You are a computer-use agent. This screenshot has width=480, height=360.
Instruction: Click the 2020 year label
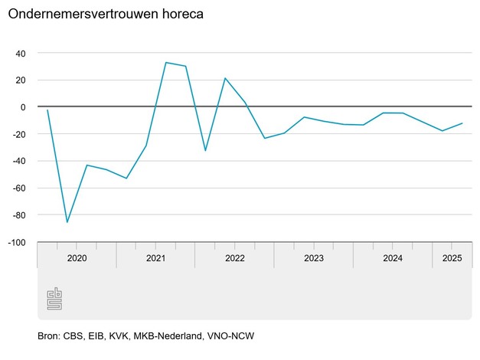click(77, 259)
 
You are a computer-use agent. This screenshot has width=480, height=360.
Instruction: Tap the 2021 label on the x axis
click(155, 259)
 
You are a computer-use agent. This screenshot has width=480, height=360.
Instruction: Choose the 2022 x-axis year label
click(234, 259)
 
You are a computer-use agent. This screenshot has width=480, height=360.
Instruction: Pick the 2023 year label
click(313, 259)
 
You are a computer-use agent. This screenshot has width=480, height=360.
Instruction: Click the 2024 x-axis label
click(393, 259)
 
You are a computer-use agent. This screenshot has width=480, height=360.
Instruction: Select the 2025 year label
click(452, 259)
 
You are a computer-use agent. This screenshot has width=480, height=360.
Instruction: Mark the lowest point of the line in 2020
click(67, 222)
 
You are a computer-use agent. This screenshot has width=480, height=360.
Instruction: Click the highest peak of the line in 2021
click(166, 62)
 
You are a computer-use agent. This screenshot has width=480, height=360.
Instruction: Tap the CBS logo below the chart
click(54, 298)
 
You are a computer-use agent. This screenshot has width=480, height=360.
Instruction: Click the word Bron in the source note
click(48, 336)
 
